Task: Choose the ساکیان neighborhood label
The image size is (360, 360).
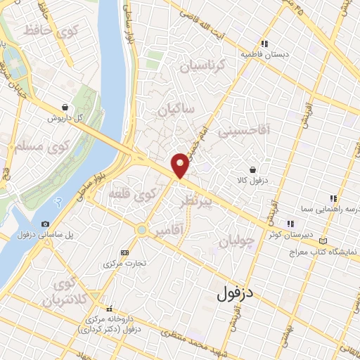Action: click(175, 110)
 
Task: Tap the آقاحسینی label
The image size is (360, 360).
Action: click(243, 131)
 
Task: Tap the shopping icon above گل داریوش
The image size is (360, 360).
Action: click(65, 108)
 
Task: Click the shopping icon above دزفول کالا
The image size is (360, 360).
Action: click(252, 169)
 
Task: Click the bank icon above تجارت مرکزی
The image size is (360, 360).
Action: click(125, 252)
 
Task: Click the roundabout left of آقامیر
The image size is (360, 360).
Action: click(143, 229)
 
